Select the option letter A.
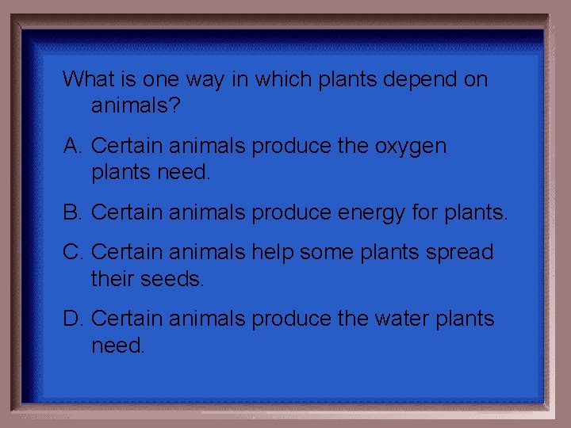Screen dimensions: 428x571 click(x=73, y=147)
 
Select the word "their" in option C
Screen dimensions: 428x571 click(x=115, y=278)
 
